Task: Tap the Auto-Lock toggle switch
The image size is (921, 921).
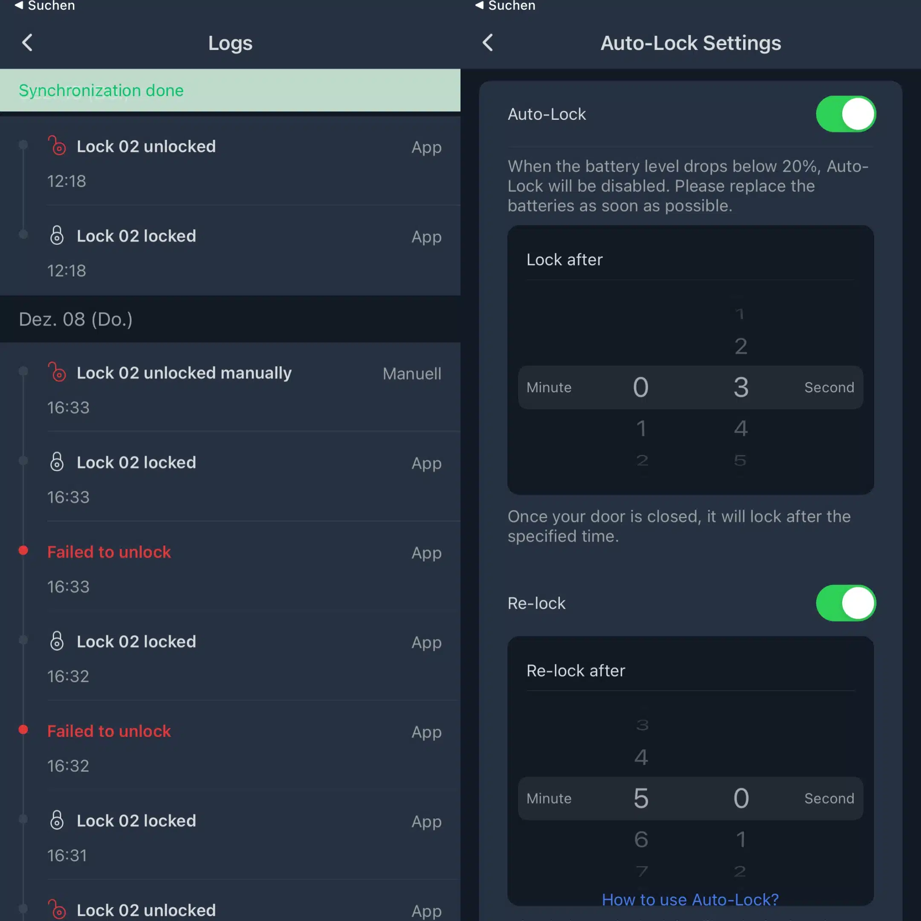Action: tap(846, 114)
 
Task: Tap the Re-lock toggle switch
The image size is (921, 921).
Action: tap(846, 603)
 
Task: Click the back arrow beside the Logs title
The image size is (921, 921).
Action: tap(27, 43)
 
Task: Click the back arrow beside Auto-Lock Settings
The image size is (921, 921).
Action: tap(488, 43)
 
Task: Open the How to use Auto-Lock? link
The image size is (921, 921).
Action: tap(690, 900)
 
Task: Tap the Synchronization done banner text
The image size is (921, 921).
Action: tap(101, 90)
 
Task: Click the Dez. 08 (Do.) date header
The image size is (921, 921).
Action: tap(76, 319)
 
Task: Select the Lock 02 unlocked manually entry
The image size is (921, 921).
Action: tap(184, 373)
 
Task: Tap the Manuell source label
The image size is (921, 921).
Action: tap(412, 374)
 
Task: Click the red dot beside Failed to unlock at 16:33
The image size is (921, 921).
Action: tap(23, 550)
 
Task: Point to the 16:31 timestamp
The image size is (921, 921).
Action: tap(67, 855)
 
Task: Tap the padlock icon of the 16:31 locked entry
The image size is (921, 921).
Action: tap(57, 820)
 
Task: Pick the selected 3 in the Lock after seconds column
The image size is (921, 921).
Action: tap(741, 387)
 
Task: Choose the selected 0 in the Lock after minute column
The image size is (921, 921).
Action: tap(641, 387)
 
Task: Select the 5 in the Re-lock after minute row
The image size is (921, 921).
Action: tap(641, 798)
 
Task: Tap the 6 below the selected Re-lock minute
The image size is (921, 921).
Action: tap(641, 839)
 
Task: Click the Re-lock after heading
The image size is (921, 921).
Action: tap(575, 671)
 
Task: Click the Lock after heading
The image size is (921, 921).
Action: tap(565, 260)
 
